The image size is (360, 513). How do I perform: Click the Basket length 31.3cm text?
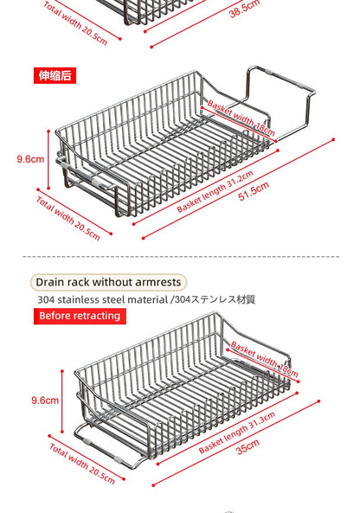click(x=237, y=433)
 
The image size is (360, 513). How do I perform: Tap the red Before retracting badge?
click(x=80, y=316)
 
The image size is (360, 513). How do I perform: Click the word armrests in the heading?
click(x=152, y=282)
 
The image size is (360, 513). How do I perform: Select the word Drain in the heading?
click(x=52, y=282)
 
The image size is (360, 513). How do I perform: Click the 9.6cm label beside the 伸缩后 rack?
click(x=29, y=159)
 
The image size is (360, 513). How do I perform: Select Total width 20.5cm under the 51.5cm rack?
click(x=73, y=216)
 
